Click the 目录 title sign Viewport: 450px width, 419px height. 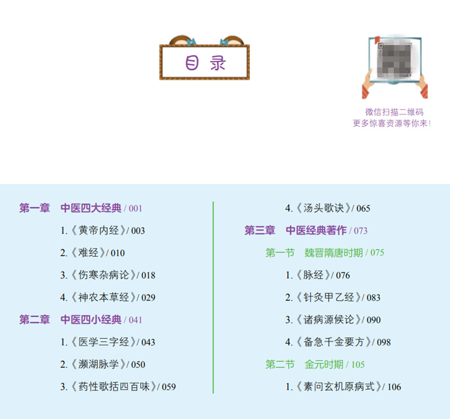coord(205,62)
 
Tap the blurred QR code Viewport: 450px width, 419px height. coord(395,60)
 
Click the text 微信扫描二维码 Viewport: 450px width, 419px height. coord(394,112)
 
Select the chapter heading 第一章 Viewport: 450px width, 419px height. coord(34,208)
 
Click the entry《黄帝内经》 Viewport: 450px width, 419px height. coord(98,230)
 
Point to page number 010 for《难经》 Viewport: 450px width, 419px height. coord(118,253)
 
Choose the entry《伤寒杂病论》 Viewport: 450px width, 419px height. coord(103,275)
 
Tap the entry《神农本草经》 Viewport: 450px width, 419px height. coord(103,297)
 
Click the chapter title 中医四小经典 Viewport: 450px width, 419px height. coord(91,319)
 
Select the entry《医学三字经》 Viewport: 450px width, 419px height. coord(103,342)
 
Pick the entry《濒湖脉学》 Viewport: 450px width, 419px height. coord(98,364)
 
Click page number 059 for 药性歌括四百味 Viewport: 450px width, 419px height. coord(169,387)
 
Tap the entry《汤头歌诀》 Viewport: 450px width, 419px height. coord(323,208)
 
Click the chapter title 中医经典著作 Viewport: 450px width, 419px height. coord(316,230)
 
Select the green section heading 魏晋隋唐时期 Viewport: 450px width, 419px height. coord(334,253)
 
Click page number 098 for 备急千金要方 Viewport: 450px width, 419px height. coord(384,342)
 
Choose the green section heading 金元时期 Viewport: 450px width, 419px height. coord(324,364)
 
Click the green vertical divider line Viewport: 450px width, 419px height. coord(213,297)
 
